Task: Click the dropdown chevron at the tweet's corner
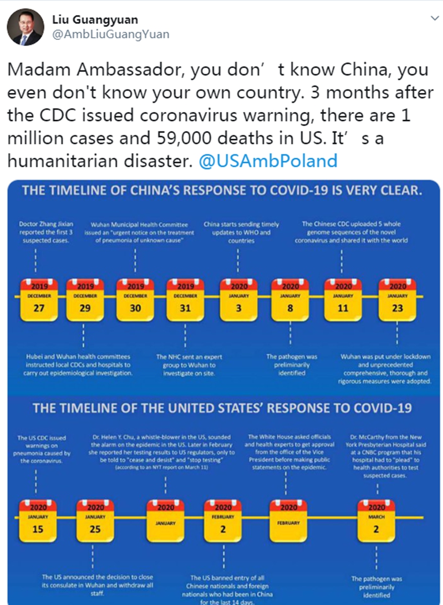coord(433,18)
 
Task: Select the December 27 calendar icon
coord(38,300)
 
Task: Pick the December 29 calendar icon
coord(85,300)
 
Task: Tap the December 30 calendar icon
coord(135,300)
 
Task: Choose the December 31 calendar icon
coord(185,300)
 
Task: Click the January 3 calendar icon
coord(239,300)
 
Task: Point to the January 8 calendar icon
coord(290,300)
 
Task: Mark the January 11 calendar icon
coord(343,300)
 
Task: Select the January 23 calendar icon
coord(397,300)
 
